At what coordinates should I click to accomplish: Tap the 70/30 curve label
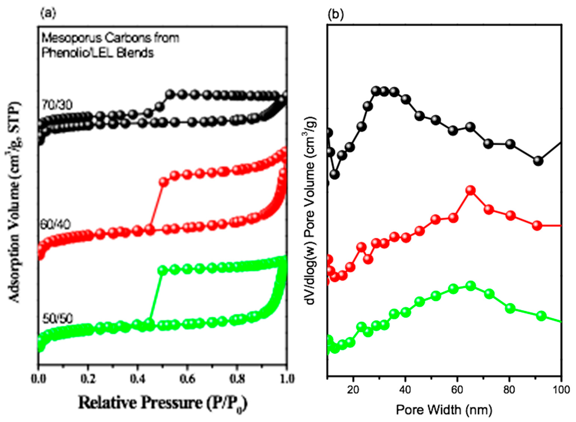pos(57,105)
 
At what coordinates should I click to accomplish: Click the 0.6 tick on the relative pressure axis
pos(187,379)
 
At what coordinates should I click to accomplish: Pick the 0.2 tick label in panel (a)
pos(88,379)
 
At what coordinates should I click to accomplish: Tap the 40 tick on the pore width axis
pos(405,390)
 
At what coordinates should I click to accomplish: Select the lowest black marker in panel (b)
pos(335,174)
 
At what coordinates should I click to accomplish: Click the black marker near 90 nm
pos(538,161)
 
